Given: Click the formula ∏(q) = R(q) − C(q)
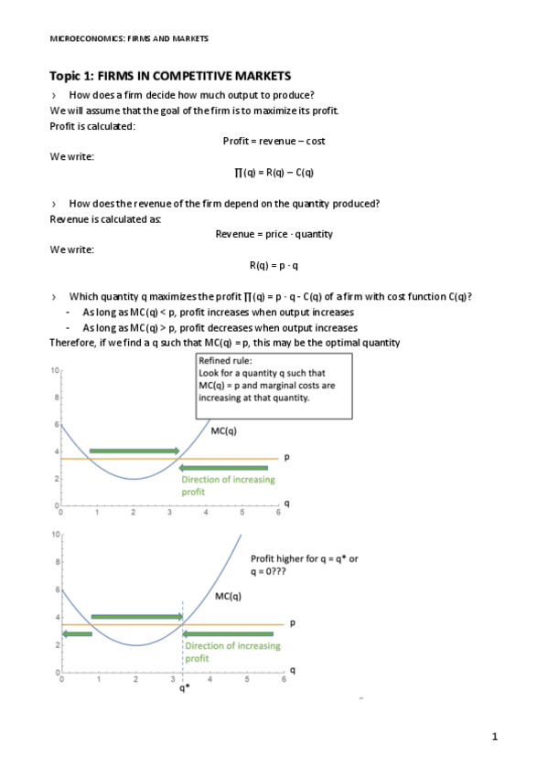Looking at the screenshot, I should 274,172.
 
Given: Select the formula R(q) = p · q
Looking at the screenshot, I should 274,265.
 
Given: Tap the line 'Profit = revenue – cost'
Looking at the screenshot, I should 274,141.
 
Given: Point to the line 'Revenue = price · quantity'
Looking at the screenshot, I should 274,234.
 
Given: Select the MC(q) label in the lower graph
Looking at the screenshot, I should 228,596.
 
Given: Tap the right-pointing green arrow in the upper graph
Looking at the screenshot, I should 134,451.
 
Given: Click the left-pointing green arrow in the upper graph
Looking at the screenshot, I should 224,468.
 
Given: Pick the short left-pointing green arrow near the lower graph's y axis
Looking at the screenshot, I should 77,633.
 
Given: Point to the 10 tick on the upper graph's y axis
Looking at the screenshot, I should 55,371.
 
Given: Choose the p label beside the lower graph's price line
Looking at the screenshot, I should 293,623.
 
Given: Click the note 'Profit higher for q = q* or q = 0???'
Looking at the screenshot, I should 304,563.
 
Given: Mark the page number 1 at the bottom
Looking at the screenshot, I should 494,737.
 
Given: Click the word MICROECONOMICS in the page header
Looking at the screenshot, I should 82,38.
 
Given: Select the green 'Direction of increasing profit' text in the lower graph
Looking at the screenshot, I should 232,652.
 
